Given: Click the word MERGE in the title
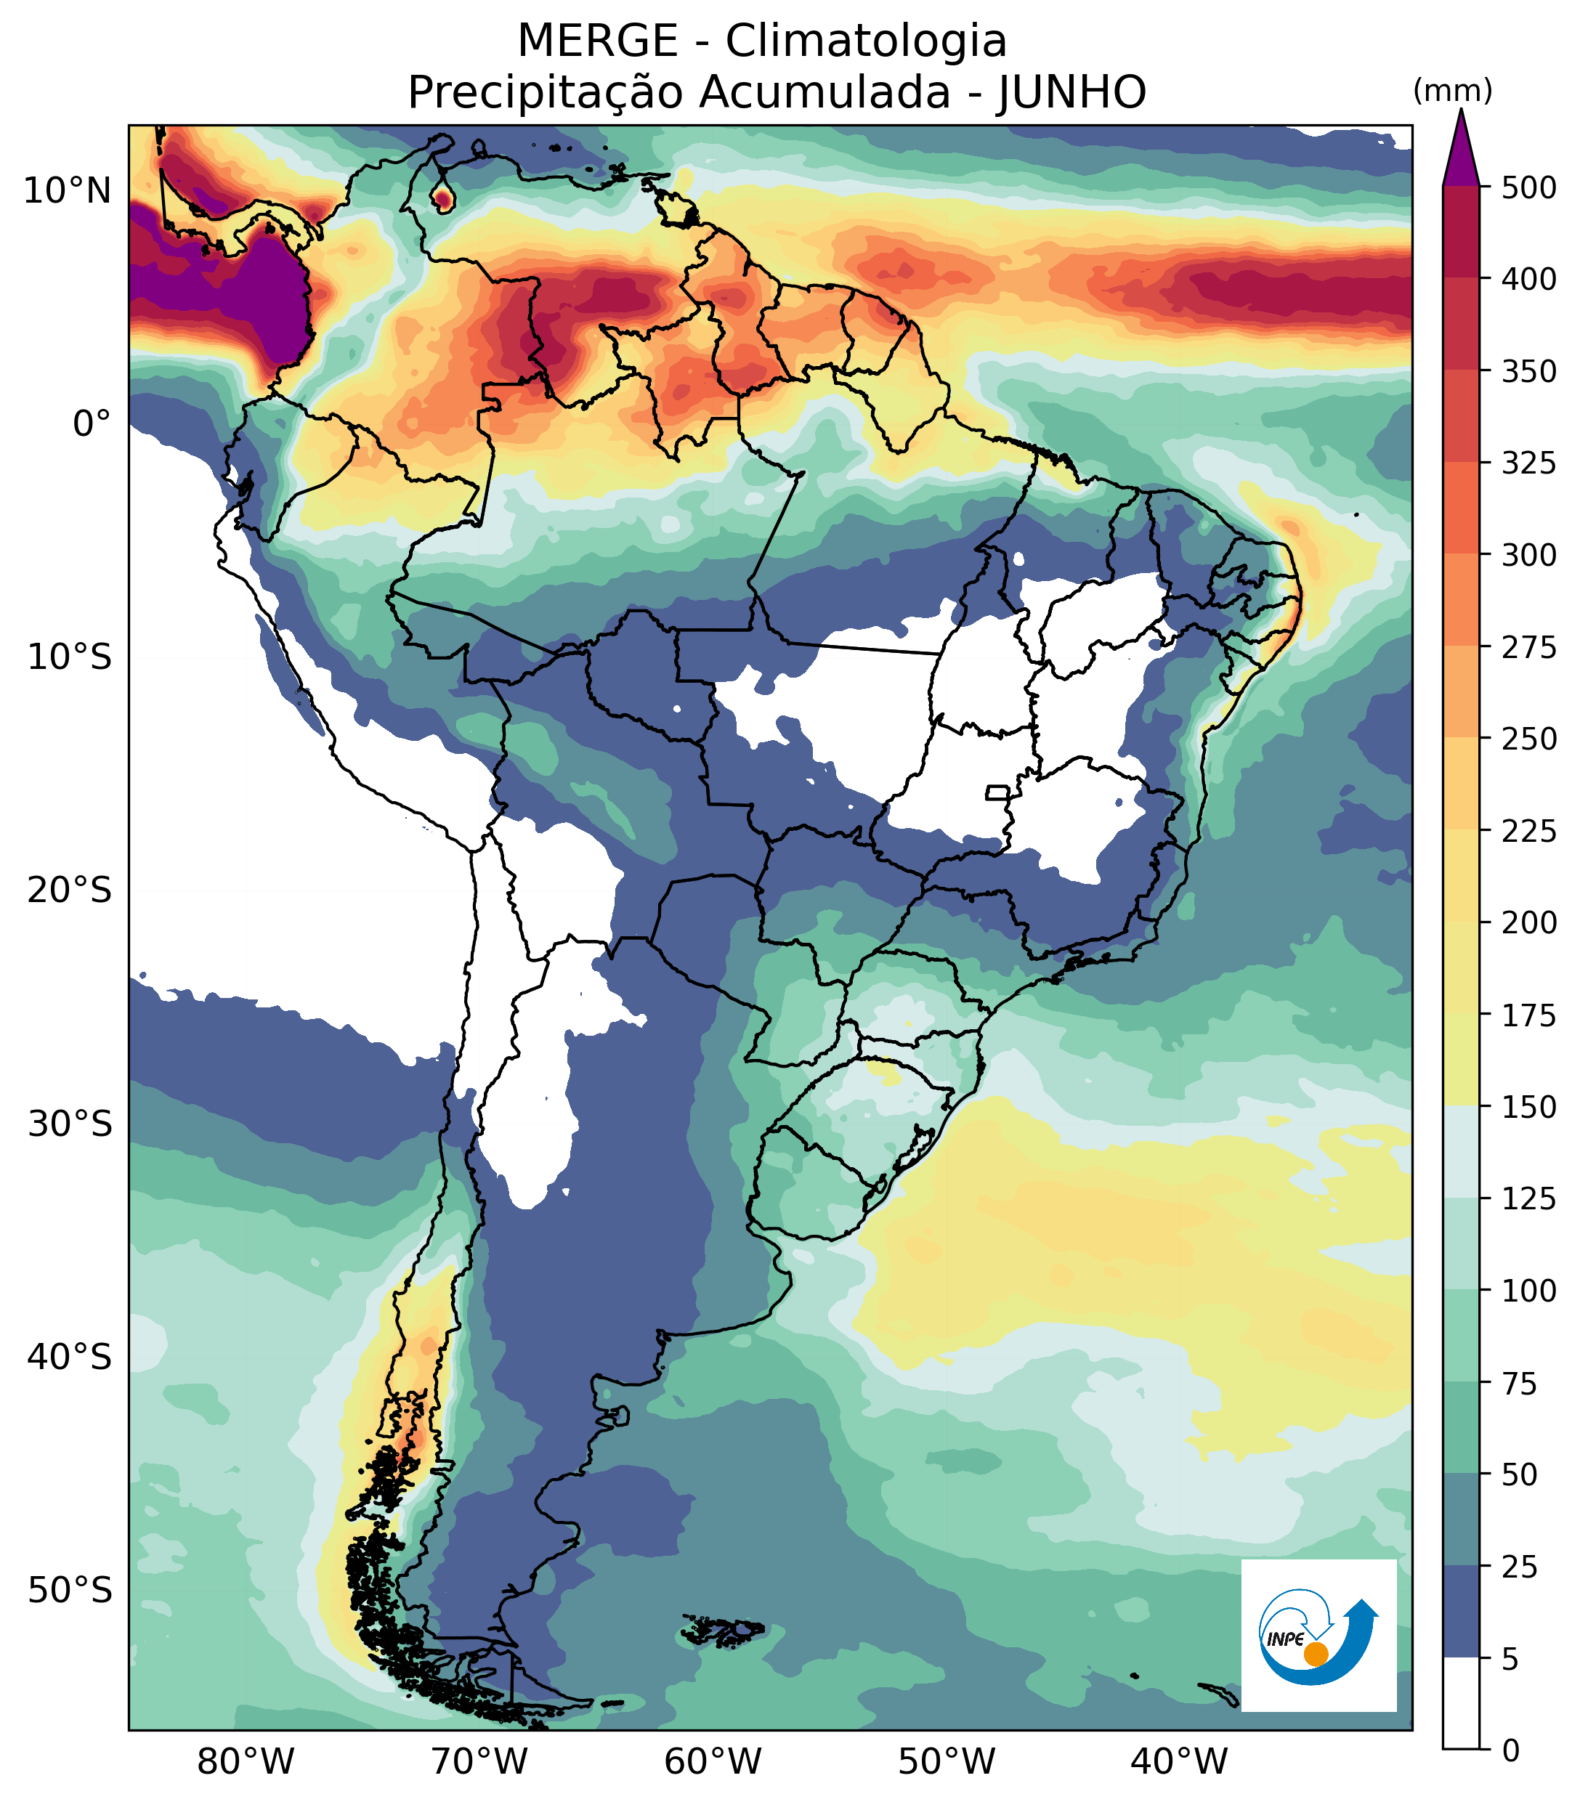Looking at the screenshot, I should coord(597,41).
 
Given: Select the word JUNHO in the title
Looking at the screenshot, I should coord(1071,92).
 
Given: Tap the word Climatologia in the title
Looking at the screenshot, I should coord(866,41).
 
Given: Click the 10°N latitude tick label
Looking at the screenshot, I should coord(68,190).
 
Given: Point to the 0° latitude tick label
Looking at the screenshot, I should coord(92,424).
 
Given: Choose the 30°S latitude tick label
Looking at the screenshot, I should coord(70,1125).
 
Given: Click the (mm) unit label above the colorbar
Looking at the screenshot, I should coord(1452,91).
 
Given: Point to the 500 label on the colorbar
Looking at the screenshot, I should coord(1529,188).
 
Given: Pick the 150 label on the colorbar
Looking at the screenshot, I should coord(1529,1108).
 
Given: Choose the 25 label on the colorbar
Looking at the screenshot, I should coord(1519,1567).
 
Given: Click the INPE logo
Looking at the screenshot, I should coord(1318,1636).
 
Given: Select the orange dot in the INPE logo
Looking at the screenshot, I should coord(1316,1654).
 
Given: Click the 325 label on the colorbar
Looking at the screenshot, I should coord(1529,463).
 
